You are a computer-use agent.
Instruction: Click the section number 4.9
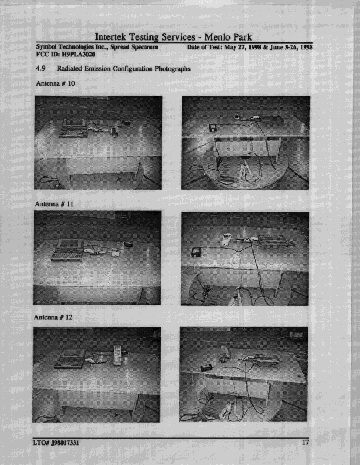click(41, 69)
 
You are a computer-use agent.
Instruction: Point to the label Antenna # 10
click(55, 83)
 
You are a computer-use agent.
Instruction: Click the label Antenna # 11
click(54, 204)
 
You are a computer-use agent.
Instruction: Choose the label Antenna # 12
click(53, 317)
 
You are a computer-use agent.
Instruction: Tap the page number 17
click(305, 442)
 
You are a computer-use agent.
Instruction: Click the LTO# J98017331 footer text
click(56, 443)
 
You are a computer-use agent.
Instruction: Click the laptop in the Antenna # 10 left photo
click(74, 128)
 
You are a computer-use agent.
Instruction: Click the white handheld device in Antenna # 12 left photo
click(118, 355)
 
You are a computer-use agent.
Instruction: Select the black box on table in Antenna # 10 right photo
click(213, 128)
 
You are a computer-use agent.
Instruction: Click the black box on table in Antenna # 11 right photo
click(196, 252)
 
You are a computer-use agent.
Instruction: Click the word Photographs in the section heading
click(172, 69)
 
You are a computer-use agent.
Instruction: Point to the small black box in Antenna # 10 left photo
click(126, 122)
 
